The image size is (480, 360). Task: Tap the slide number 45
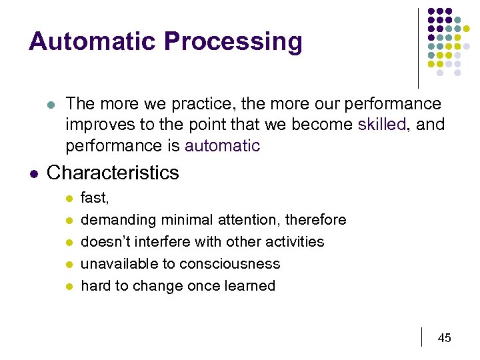(x=444, y=338)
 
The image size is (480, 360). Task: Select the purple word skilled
(x=381, y=125)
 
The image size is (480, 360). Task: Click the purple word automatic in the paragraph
(x=222, y=146)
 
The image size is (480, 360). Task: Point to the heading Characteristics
(x=113, y=173)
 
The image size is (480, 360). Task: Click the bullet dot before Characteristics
(x=33, y=173)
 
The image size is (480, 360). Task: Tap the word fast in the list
(x=93, y=198)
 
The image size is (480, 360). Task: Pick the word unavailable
(x=118, y=263)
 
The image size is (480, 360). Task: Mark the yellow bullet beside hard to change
(x=68, y=286)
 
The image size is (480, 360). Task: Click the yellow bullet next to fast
(x=68, y=199)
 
